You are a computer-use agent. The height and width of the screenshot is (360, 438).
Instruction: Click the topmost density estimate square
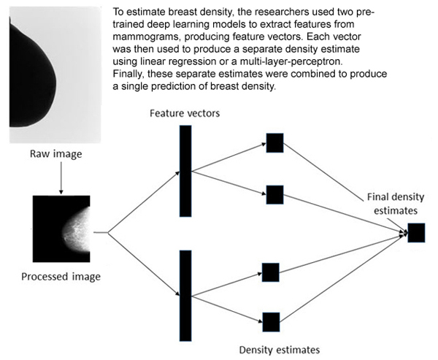pyautogui.click(x=274, y=143)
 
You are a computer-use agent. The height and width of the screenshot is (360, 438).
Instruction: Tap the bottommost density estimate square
pyautogui.click(x=271, y=321)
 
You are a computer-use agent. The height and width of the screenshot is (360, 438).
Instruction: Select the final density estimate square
pyautogui.click(x=416, y=232)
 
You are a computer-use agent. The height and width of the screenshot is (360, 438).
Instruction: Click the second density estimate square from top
pyautogui.click(x=274, y=195)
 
